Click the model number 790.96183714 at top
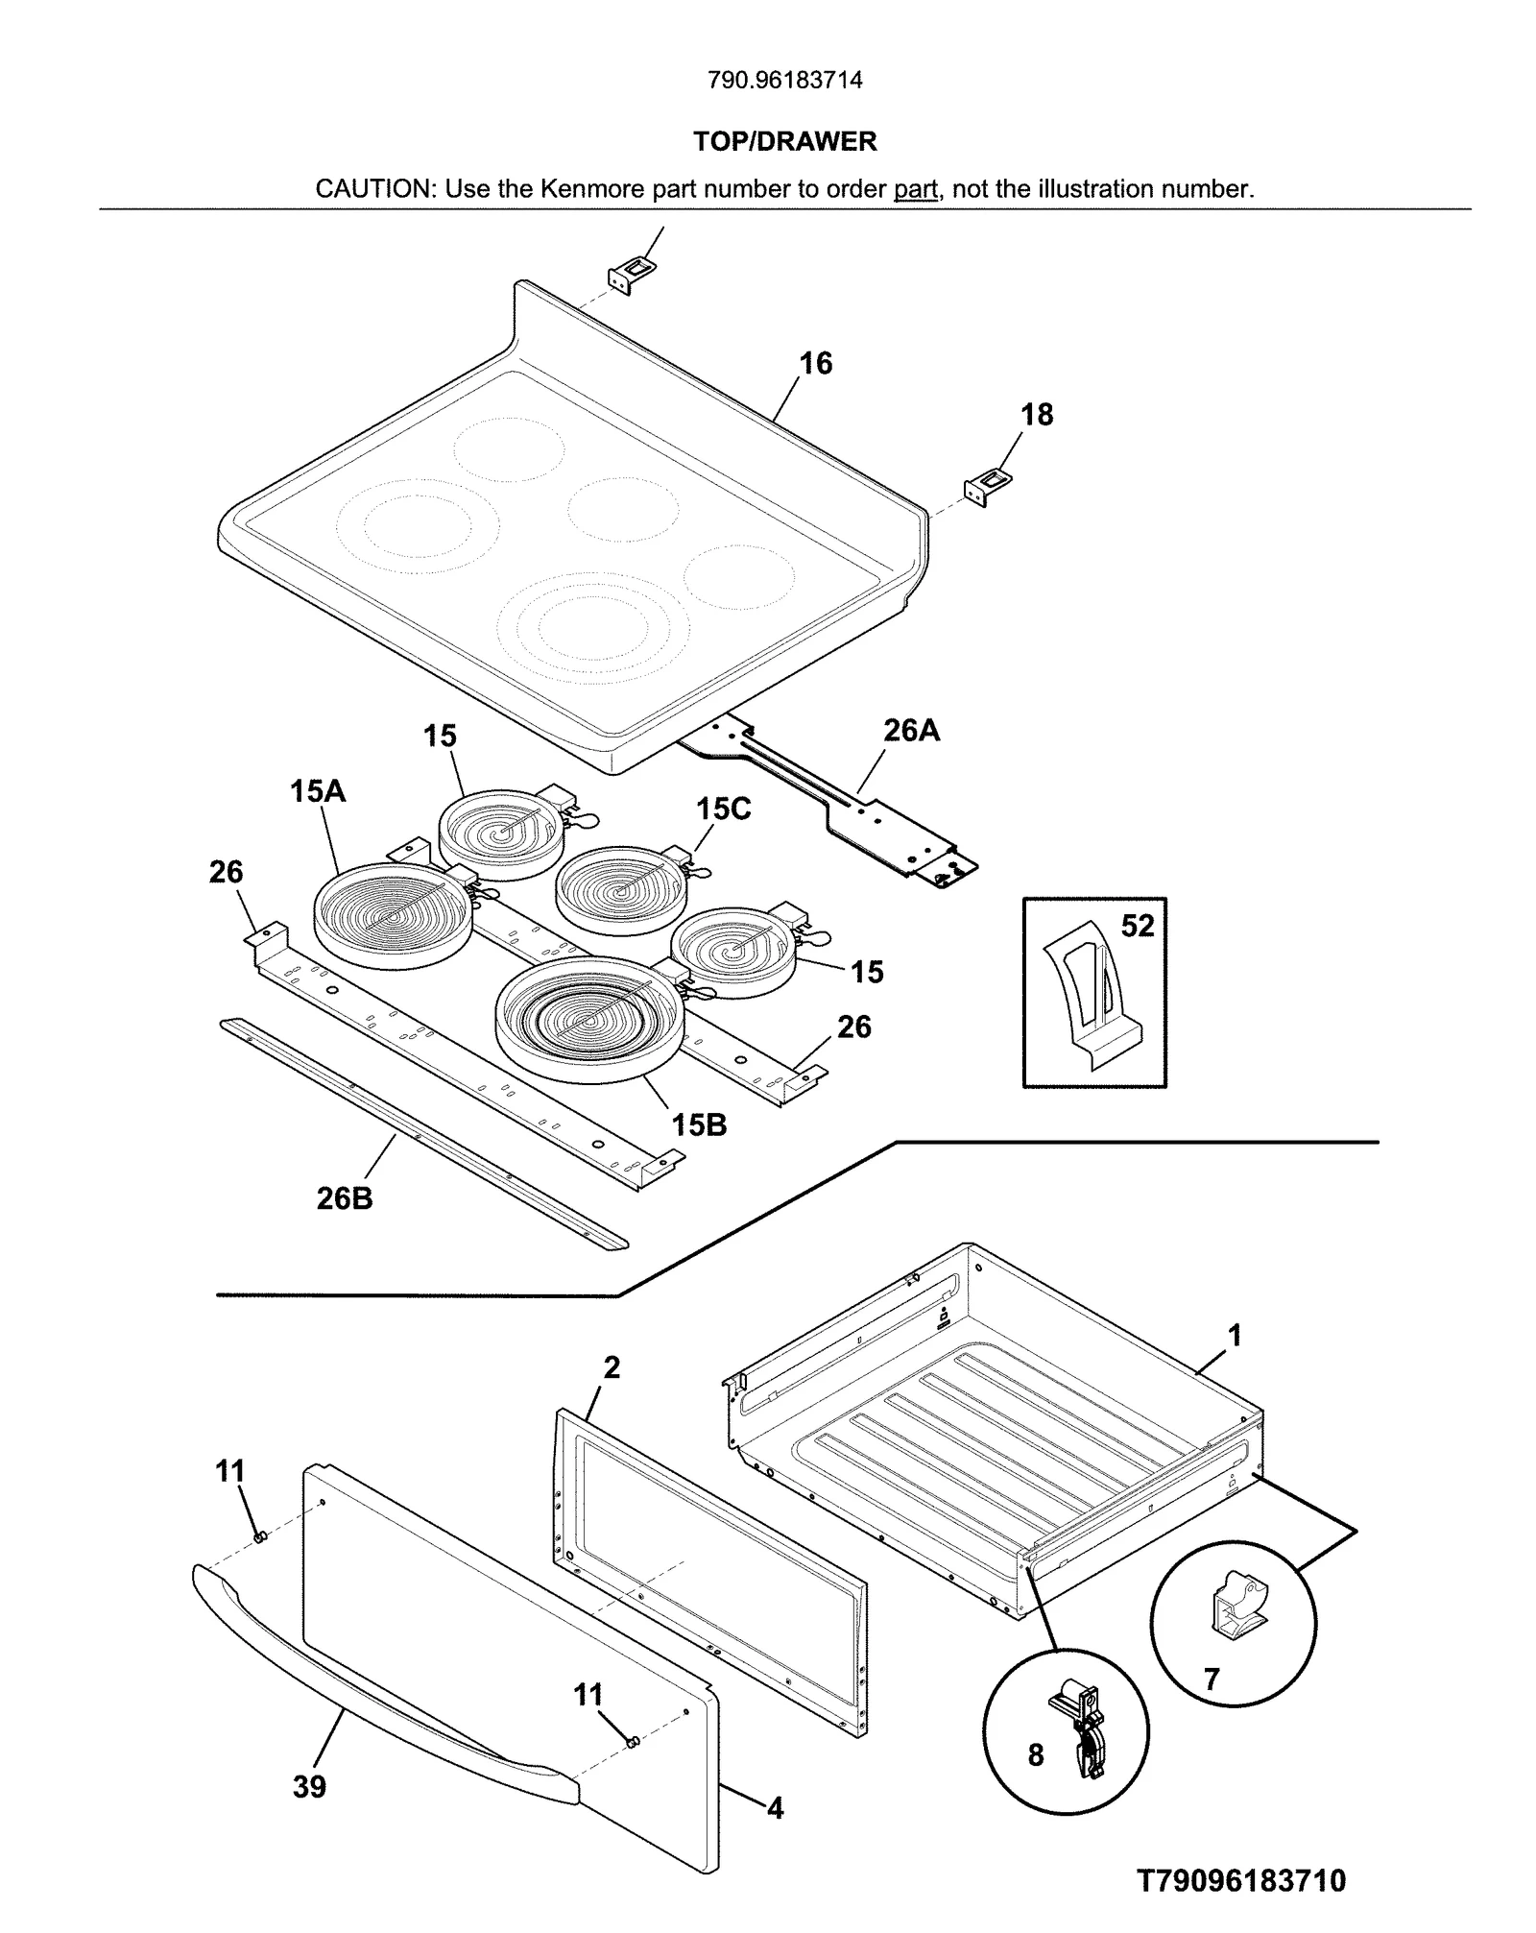tap(784, 80)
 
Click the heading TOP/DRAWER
tap(784, 141)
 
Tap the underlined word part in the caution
tap(915, 189)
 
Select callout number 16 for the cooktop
tap(815, 363)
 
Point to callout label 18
tap(1036, 415)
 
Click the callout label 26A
tap(911, 731)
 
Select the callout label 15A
tap(318, 791)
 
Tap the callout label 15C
tap(723, 809)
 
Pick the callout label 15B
tap(699, 1124)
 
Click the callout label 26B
tap(345, 1198)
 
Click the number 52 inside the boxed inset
tap(1138, 926)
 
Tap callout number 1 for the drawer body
tap(1235, 1336)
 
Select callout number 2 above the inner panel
tap(612, 1367)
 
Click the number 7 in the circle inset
tap(1212, 1679)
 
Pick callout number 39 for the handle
tap(309, 1787)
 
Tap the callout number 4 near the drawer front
tap(775, 1809)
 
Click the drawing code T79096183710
tap(1241, 1880)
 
